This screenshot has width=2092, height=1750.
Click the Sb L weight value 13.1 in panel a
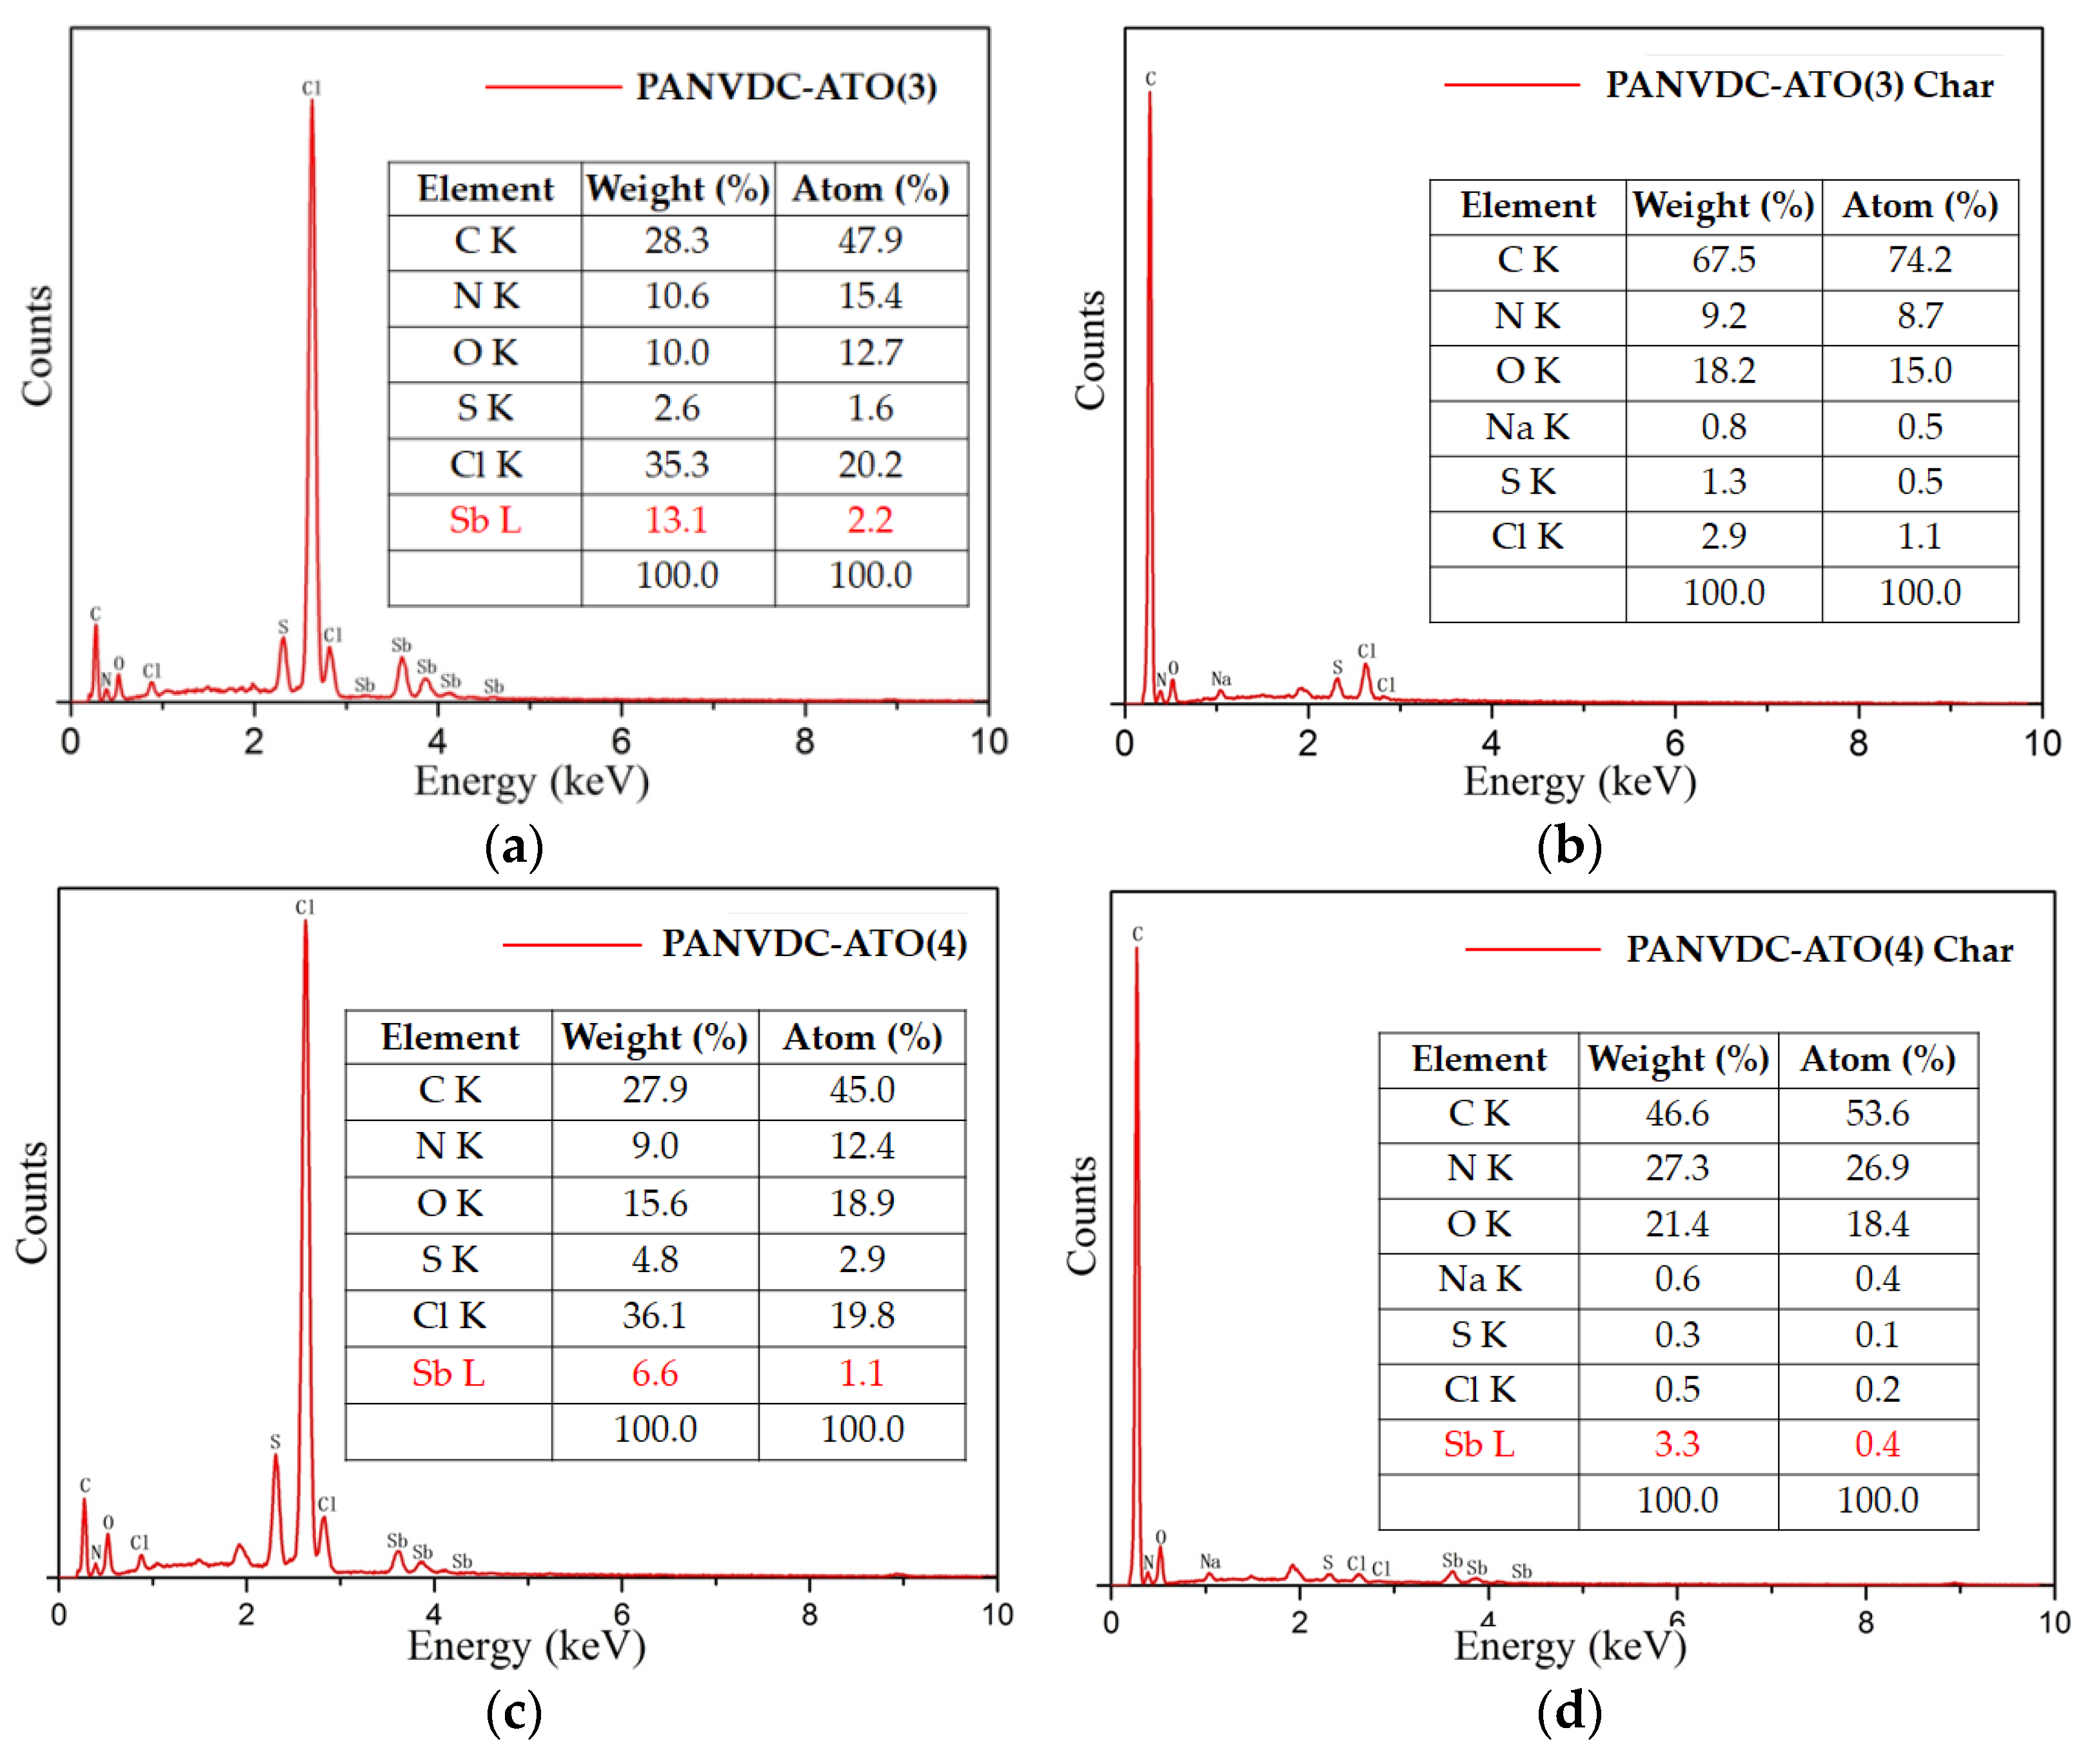coord(676,520)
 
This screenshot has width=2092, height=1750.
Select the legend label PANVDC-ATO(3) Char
coord(1799,86)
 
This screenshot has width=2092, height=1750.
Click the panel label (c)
coord(514,1712)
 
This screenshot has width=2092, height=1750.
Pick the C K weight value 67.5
coord(1723,260)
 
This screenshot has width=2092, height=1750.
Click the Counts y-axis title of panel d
coord(1082,1216)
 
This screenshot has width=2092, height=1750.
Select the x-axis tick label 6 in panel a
coord(620,741)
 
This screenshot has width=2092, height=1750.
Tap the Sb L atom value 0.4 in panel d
coord(1877,1444)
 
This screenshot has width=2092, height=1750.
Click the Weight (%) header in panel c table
coord(655,1037)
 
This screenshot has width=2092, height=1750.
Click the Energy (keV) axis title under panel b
coord(1579,782)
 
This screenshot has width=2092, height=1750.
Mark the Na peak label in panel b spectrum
coord(1220,679)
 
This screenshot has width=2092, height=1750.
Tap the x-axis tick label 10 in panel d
coord(2054,1622)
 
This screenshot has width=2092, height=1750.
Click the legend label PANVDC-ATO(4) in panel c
coord(814,943)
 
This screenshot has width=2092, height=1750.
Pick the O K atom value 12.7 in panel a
coord(870,353)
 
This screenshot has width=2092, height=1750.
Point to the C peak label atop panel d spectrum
coord(1137,934)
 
